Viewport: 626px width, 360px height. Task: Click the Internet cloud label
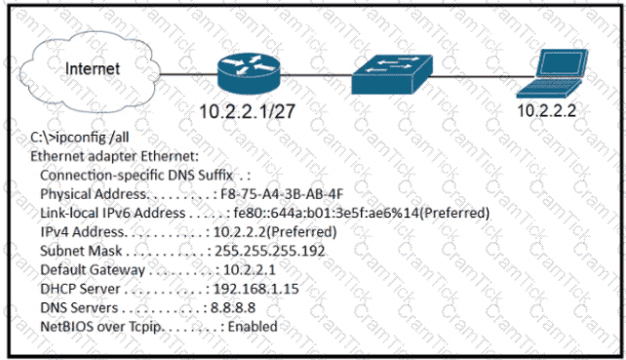coord(93,68)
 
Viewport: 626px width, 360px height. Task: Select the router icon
coord(249,74)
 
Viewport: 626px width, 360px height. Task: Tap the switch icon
coord(392,75)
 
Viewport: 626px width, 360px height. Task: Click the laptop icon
coord(552,73)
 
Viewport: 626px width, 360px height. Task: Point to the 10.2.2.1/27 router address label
coord(247,111)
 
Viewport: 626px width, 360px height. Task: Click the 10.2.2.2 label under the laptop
coord(547,110)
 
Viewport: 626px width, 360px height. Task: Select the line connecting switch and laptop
coord(484,76)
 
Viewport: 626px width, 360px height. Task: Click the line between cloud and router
coord(189,74)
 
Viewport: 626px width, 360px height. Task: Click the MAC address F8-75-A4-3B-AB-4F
coord(282,194)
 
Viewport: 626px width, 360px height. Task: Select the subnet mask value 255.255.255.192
coord(270,251)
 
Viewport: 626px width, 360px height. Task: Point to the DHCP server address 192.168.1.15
coord(256,289)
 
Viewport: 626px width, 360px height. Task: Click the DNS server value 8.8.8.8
coord(233,307)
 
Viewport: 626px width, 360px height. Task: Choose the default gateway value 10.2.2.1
coord(250,269)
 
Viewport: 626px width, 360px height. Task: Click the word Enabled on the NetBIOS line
coord(253,327)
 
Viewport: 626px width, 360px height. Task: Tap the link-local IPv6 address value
coord(362,213)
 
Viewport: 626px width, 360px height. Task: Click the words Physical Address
coord(94,194)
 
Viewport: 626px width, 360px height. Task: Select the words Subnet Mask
coord(81,251)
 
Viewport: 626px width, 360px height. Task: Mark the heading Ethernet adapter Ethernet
coord(115,156)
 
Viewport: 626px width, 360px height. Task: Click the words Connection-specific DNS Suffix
coord(137,175)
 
